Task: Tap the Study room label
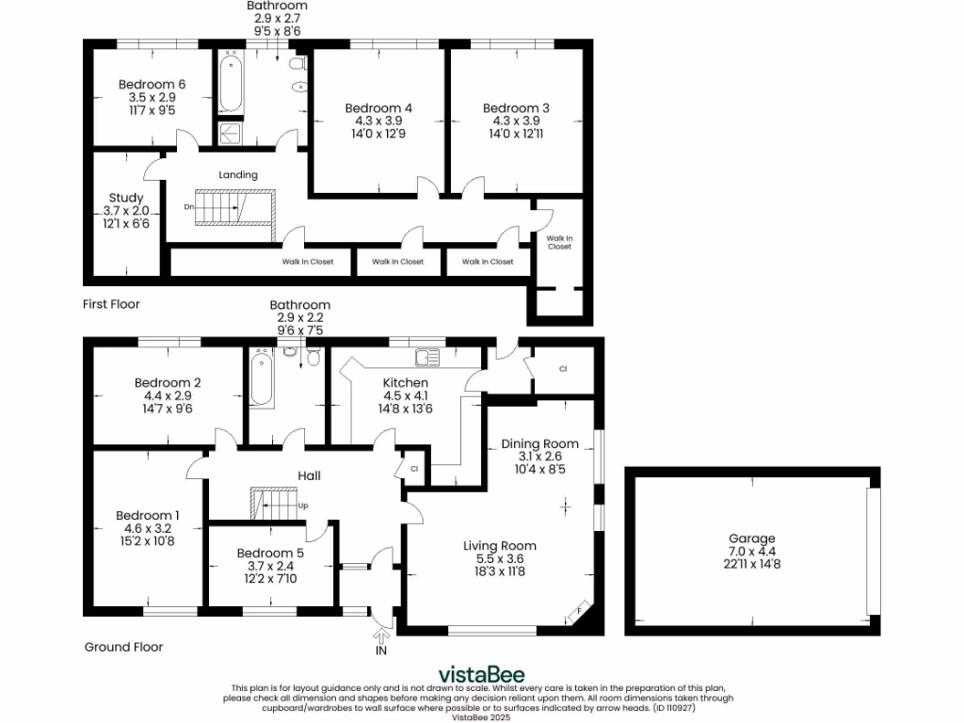(x=125, y=198)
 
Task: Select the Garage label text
(x=750, y=538)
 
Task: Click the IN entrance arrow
(x=381, y=639)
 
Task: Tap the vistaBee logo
(x=482, y=675)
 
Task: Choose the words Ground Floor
(x=123, y=647)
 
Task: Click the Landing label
(x=237, y=175)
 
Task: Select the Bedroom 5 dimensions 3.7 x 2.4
(x=270, y=565)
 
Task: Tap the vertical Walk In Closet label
(x=559, y=242)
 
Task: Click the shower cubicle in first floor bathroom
(x=230, y=134)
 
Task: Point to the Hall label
(x=310, y=475)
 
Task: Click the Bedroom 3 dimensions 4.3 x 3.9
(x=516, y=120)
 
